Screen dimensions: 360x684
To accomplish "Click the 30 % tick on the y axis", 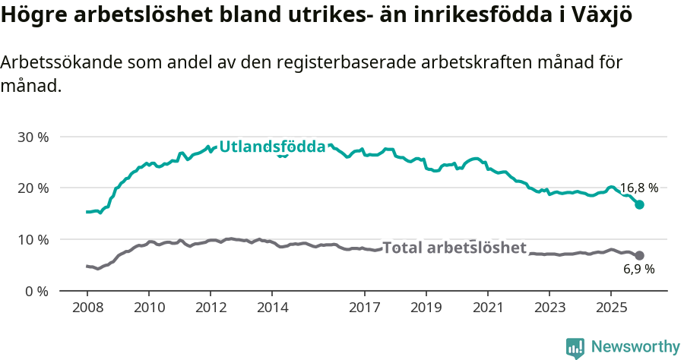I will pyautogui.click(x=33, y=137).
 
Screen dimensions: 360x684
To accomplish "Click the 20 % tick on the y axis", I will pyautogui.click(x=33, y=188).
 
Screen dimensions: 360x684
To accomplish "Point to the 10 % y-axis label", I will pyautogui.click(x=33, y=240).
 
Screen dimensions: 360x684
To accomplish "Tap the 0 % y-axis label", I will pyautogui.click(x=36, y=292).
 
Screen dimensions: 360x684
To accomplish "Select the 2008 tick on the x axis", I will pyautogui.click(x=87, y=308).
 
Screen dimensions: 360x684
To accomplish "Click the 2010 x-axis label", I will pyautogui.click(x=148, y=308).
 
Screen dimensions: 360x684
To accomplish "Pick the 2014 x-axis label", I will pyautogui.click(x=272, y=308).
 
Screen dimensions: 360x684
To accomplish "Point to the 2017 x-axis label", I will pyautogui.click(x=364, y=308).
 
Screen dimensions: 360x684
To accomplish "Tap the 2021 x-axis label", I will pyautogui.click(x=487, y=308).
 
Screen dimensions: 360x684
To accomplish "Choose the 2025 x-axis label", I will pyautogui.click(x=610, y=308).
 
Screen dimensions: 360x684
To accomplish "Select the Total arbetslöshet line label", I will pyautogui.click(x=454, y=248).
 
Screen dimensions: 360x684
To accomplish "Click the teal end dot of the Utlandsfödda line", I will pyautogui.click(x=640, y=204).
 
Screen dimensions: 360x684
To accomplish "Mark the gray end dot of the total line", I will pyautogui.click(x=640, y=255).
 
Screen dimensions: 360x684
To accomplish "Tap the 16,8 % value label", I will pyautogui.click(x=638, y=188).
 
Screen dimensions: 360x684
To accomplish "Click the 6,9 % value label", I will pyautogui.click(x=638, y=270).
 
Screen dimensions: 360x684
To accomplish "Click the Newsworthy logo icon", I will pyautogui.click(x=575, y=348).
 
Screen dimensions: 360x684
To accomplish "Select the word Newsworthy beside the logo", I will pyautogui.click(x=635, y=347).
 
